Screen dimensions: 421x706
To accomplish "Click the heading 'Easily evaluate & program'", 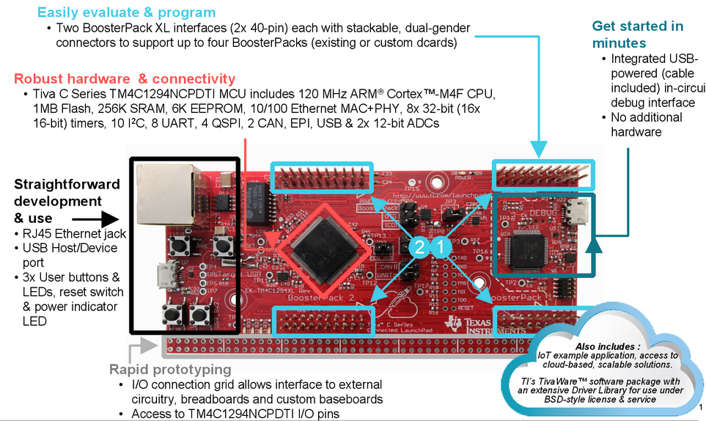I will [x=126, y=12].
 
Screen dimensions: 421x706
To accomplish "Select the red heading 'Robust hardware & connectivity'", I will [x=125, y=78].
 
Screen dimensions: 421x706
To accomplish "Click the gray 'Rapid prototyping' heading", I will [x=170, y=370].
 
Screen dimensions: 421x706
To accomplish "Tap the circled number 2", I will [x=419, y=248].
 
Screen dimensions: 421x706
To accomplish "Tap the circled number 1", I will [x=441, y=248].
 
